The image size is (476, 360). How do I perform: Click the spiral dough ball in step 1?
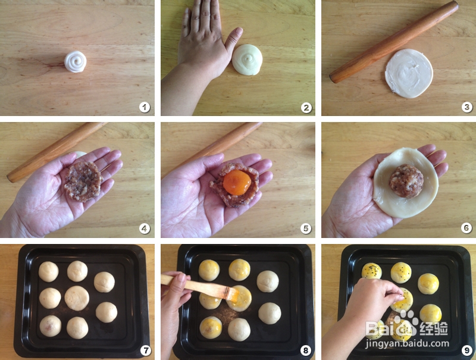pos(76,62)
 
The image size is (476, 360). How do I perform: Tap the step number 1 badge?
pos(145,107)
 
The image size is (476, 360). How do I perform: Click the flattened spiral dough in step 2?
pos(248,60)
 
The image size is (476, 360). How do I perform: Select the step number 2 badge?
pos(306,107)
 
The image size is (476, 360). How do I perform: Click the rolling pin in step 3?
pos(394,42)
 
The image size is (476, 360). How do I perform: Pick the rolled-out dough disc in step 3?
pos(409,73)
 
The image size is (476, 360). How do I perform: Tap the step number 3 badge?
pos(466,107)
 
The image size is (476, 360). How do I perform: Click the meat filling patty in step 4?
pos(83,181)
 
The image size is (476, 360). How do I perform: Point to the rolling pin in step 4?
pos(56,151)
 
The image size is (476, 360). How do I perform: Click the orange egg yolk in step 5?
pos(237,182)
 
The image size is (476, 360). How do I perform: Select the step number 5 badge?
pos(306,228)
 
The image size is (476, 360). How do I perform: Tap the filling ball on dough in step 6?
pos(406,181)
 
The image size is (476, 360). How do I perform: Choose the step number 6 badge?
pos(466,228)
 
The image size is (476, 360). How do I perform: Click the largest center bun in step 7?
pos(77,298)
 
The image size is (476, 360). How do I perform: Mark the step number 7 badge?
pos(145,350)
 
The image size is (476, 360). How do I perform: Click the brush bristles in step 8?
pos(231,293)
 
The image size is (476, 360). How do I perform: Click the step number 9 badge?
pos(467,350)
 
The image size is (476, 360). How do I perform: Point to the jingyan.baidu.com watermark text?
pos(407,343)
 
